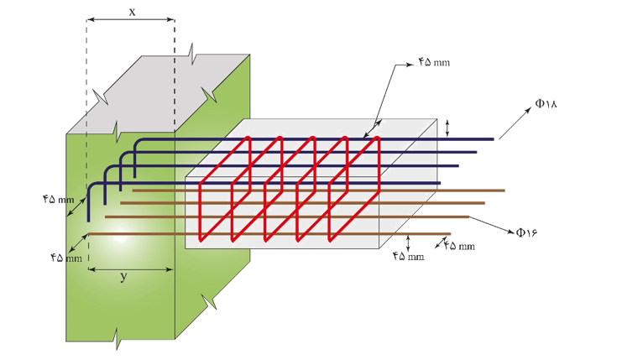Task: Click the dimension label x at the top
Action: pyautogui.click(x=132, y=13)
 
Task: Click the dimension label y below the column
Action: pyautogui.click(x=123, y=276)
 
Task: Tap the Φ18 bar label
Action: pyautogui.click(x=546, y=103)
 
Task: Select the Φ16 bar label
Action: pyautogui.click(x=527, y=232)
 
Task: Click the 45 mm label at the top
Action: pyautogui.click(x=434, y=62)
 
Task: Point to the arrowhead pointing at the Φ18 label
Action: pyautogui.click(x=528, y=110)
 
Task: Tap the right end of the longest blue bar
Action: pyautogui.click(x=494, y=139)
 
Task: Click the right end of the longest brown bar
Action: pyautogui.click(x=504, y=190)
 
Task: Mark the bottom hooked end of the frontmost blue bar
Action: pyautogui.click(x=88, y=221)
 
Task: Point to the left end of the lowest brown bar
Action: pyautogui.click(x=89, y=234)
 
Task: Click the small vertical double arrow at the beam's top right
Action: pyautogui.click(x=447, y=128)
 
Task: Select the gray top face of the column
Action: pyautogui.click(x=159, y=94)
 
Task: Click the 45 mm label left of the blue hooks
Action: pyautogui.click(x=59, y=199)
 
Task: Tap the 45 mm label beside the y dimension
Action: pyautogui.click(x=66, y=258)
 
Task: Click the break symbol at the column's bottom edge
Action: pyautogui.click(x=118, y=339)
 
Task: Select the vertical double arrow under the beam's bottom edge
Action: pyautogui.click(x=408, y=243)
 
